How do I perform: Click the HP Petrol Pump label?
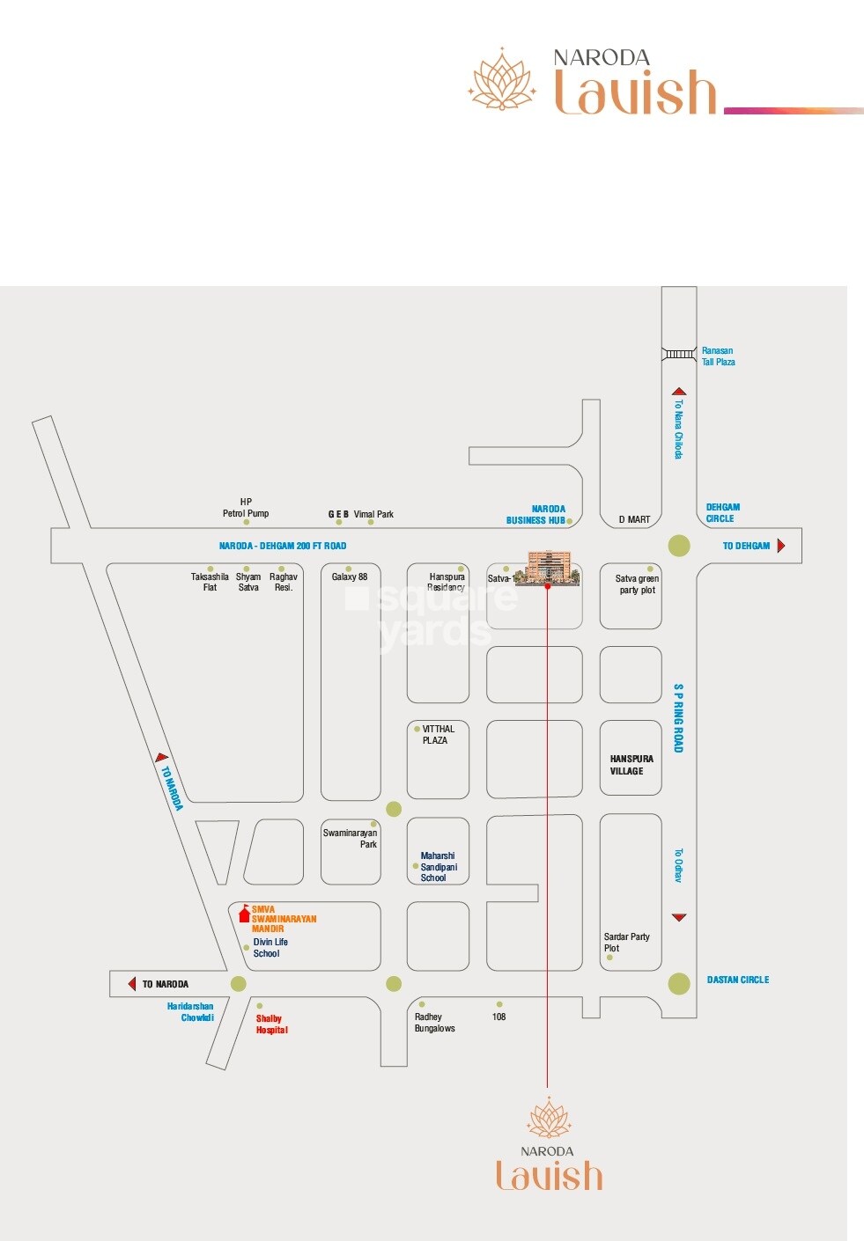(x=246, y=508)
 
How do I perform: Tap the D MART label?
(x=634, y=520)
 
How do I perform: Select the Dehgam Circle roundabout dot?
(x=679, y=546)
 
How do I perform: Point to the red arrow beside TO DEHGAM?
(x=781, y=546)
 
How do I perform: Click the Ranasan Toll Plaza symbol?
(x=679, y=354)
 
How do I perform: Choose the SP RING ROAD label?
(x=678, y=717)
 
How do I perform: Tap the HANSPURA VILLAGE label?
(x=631, y=765)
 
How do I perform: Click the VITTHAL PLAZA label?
(x=438, y=735)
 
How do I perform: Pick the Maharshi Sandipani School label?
(x=439, y=867)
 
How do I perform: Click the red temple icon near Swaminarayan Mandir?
(x=244, y=914)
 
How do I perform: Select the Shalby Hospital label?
(x=271, y=1024)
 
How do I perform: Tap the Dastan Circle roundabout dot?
(x=679, y=983)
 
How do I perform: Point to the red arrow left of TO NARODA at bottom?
(x=131, y=984)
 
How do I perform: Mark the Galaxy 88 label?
(x=350, y=577)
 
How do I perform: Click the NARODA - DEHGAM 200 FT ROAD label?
(x=283, y=547)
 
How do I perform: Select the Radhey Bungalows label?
(x=434, y=1023)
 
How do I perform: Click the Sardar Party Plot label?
(x=626, y=943)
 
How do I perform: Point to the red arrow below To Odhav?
(x=679, y=917)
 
